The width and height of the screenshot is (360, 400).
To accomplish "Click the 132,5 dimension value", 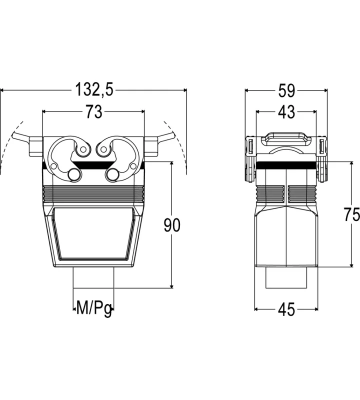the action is [x=94, y=89].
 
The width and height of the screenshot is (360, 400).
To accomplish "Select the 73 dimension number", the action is [x=94, y=111].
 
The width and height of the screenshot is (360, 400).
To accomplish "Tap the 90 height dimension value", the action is [x=172, y=225].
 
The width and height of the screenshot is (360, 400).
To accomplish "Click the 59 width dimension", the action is [x=286, y=90].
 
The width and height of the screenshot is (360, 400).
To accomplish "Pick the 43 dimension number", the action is [x=286, y=111].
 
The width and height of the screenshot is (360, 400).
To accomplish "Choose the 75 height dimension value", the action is [x=352, y=214].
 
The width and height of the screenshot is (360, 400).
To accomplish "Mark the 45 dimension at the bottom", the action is [x=286, y=309].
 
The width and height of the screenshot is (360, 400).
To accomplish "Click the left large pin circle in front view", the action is [x=74, y=174].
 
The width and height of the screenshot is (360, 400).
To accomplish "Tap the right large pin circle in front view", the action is [x=112, y=174].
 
